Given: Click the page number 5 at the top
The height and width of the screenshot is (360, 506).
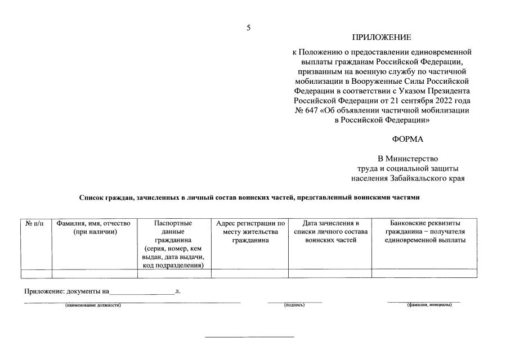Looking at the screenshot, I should pyautogui.click(x=248, y=28).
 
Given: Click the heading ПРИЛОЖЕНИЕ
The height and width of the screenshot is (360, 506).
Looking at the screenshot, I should pyautogui.click(x=382, y=38).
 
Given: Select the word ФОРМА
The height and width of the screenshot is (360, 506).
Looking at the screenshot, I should pyautogui.click(x=408, y=139).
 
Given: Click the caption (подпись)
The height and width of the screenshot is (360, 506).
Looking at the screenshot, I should pyautogui.click(x=294, y=305).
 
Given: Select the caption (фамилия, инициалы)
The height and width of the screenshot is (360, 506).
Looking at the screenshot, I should pyautogui.click(x=429, y=305).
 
